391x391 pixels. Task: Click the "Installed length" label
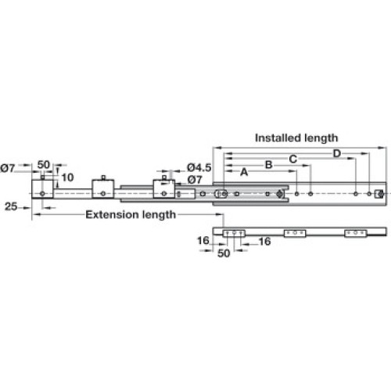coord(296,138)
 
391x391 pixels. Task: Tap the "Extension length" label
coord(131,215)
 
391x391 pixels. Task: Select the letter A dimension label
coord(244,172)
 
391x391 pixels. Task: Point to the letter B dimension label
coord(269,165)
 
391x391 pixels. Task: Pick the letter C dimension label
coord(293,159)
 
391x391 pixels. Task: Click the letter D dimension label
coord(337,153)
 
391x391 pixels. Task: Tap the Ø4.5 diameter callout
coord(199,167)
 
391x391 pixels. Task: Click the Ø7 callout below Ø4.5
coord(195,180)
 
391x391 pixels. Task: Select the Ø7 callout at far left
coord(8,168)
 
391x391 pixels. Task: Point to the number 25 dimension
coord(11,206)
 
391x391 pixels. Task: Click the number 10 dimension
coord(68,178)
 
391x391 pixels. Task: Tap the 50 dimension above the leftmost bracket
coord(44,165)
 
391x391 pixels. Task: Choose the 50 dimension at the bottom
coord(224,253)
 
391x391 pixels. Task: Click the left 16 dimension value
coord(203,241)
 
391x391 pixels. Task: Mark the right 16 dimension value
coord(265,242)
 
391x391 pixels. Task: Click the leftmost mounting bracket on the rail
coord(43,189)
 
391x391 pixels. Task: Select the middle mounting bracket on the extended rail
coord(103,188)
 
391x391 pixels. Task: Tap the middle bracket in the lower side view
coord(295,233)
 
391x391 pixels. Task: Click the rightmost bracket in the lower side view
coord(356,233)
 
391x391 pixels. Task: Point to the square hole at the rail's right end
coord(379,194)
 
